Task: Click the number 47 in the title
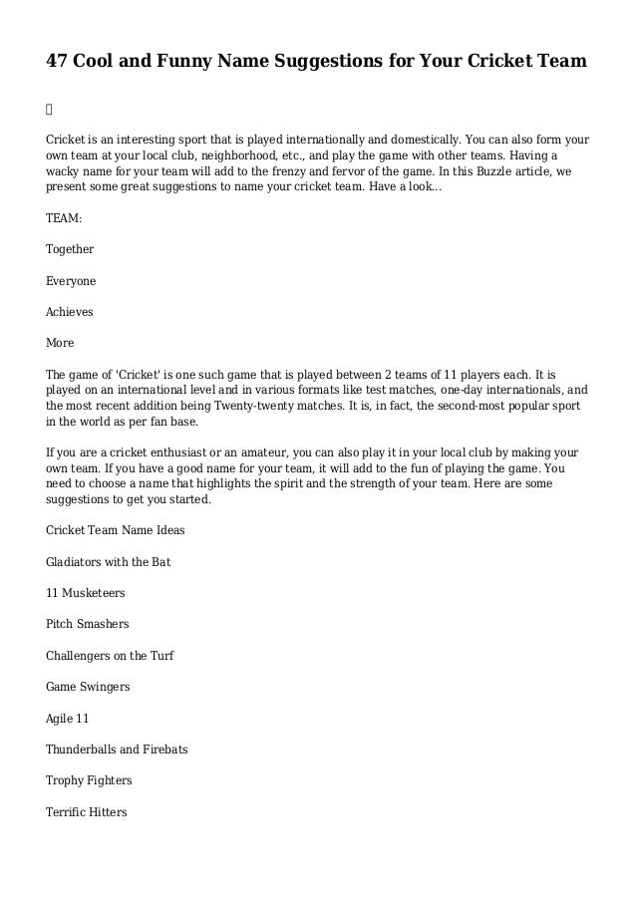pos(58,63)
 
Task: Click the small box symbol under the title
pos(50,105)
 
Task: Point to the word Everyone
pos(71,280)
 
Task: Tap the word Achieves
pos(70,311)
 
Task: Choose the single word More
pos(60,343)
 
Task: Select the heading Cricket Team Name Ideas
pos(116,530)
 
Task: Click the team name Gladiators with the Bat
pos(109,562)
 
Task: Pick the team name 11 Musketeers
pos(86,593)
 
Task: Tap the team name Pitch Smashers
pos(88,624)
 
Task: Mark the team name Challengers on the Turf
pos(110,656)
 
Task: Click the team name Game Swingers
pos(88,687)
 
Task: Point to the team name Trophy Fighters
pos(89,780)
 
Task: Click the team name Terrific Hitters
pos(87,812)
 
